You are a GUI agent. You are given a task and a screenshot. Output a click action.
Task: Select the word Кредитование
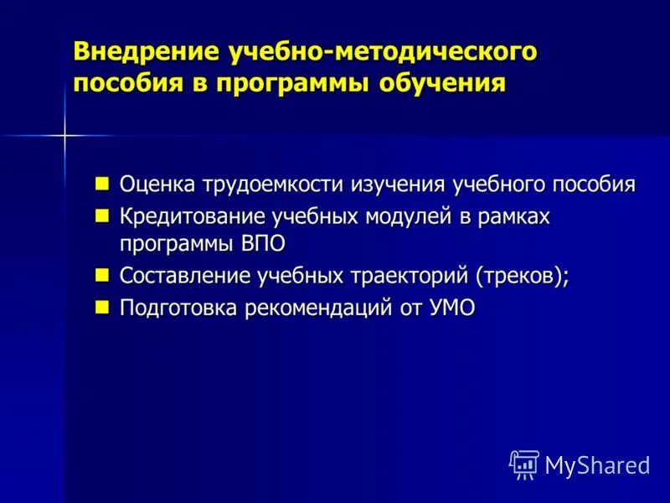pos(192,216)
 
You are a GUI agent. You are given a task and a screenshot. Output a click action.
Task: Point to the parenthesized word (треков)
pos(522,276)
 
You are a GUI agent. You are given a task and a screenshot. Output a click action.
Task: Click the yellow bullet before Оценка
pos(102,183)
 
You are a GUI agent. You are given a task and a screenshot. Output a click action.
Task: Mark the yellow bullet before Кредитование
pos(102,215)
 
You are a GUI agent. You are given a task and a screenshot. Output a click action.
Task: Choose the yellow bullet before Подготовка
pos(102,307)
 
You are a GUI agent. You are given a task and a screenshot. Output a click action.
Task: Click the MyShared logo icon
pos(524,464)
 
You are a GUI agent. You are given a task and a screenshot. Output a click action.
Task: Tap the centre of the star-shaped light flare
pos(65,134)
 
